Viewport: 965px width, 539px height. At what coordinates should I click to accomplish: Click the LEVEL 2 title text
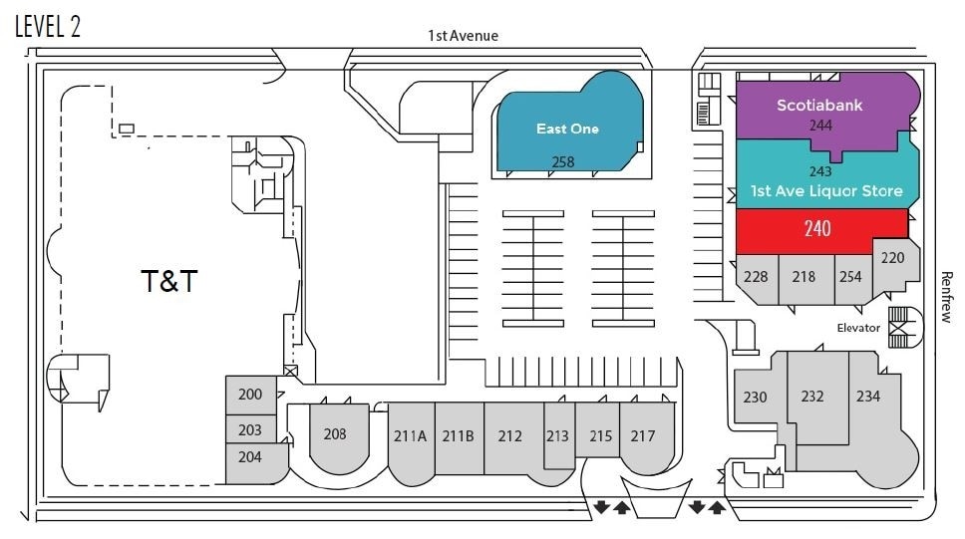(48, 26)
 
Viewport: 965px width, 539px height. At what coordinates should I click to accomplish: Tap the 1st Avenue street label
(463, 36)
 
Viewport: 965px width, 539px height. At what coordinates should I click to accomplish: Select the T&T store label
(168, 282)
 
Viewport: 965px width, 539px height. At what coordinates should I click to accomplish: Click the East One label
(567, 129)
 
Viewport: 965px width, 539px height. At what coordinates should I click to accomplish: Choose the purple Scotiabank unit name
(819, 106)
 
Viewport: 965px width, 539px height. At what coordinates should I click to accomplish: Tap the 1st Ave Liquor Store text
(826, 190)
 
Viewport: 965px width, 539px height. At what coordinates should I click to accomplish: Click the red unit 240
(817, 228)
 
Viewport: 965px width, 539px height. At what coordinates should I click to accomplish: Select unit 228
(756, 276)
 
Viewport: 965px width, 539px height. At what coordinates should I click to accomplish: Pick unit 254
(850, 276)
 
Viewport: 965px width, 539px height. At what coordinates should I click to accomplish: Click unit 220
(892, 258)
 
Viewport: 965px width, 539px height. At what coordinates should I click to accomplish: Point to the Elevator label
(858, 328)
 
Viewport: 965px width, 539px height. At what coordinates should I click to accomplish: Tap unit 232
(812, 397)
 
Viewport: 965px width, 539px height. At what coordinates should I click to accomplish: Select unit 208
(335, 433)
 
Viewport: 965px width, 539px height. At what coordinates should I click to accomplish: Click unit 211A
(410, 435)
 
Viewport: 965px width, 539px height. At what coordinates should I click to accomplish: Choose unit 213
(557, 435)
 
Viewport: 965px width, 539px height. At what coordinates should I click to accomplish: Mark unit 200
(250, 395)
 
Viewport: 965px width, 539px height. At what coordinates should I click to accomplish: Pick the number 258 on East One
(562, 161)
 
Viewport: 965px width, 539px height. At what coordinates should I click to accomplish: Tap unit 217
(643, 435)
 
